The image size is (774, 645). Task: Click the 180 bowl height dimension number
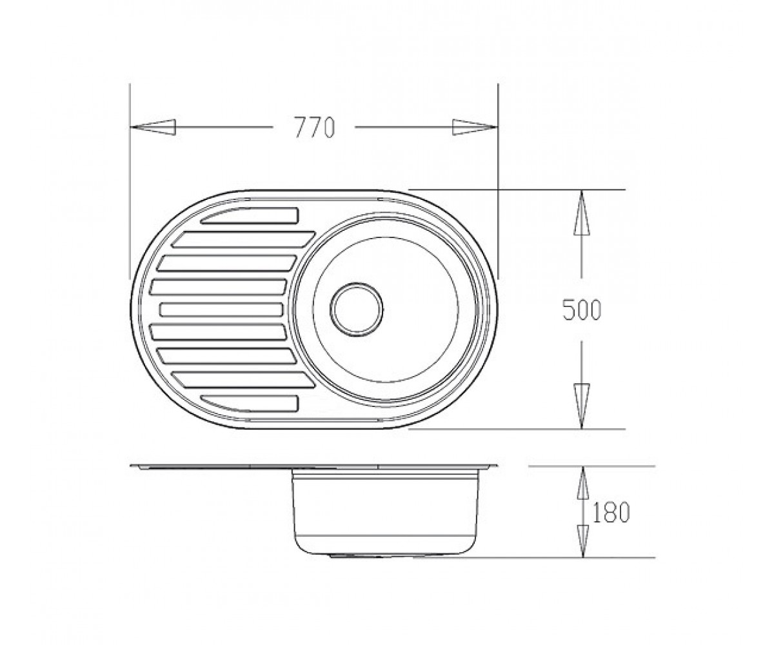tap(611, 512)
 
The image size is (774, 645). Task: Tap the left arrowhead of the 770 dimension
tap(153, 127)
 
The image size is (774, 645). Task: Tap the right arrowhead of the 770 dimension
tap(475, 127)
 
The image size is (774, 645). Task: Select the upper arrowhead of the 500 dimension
tap(581, 212)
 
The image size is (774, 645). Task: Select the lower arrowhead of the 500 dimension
tap(581, 406)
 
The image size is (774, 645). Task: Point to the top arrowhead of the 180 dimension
tap(582, 482)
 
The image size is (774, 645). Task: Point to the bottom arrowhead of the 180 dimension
tap(582, 541)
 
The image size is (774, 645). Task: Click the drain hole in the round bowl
tap(357, 310)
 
